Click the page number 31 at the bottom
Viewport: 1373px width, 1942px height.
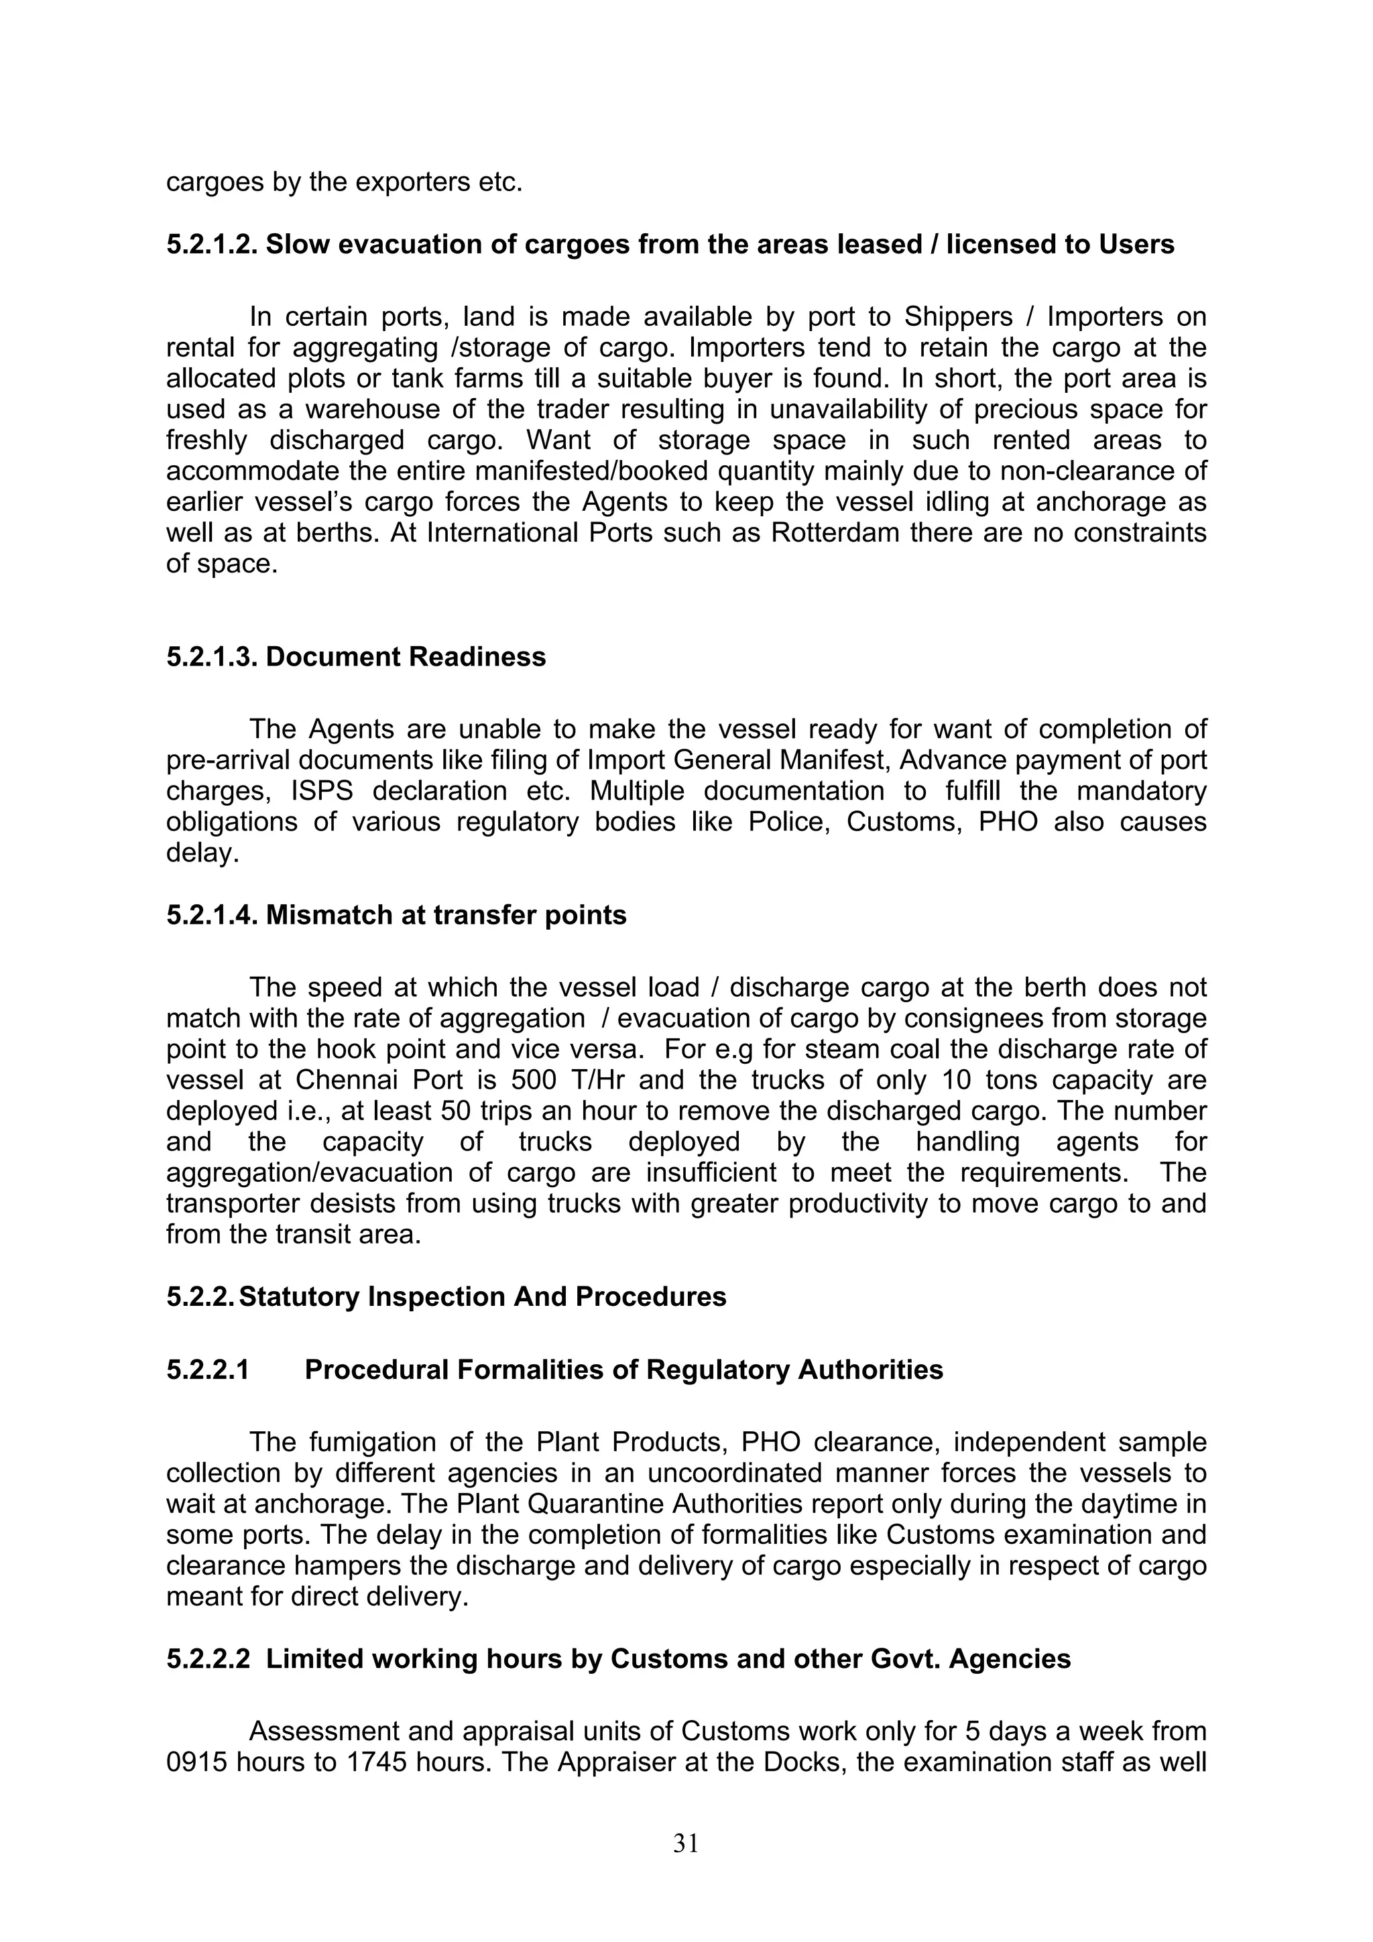[x=685, y=1843]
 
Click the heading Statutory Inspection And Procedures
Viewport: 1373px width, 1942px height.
[x=482, y=1296]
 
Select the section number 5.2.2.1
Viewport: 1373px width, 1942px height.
[x=208, y=1370]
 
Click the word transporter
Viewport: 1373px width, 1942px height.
[x=230, y=1203]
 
